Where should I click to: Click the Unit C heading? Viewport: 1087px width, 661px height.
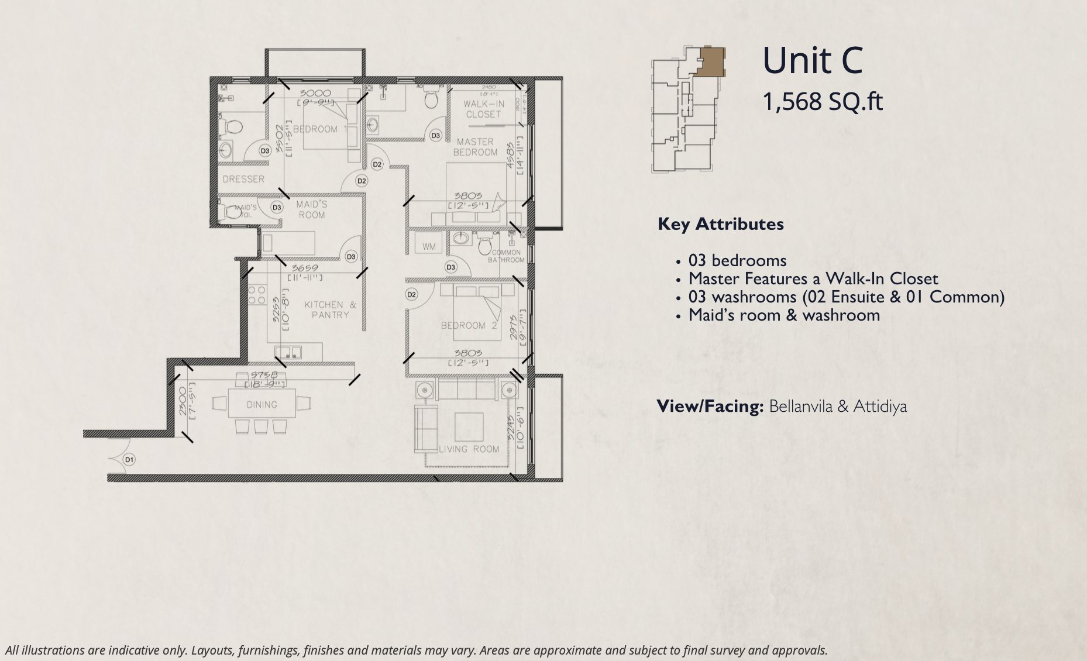tap(813, 61)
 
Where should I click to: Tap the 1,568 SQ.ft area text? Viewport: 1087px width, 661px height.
tap(822, 102)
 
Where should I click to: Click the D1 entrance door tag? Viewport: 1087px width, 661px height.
tap(129, 460)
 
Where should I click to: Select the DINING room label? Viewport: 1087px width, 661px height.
tap(262, 405)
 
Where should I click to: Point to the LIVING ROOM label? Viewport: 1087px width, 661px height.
tap(469, 449)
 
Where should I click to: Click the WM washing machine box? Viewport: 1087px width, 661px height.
tap(429, 246)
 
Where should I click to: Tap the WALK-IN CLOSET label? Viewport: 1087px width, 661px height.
tap(483, 109)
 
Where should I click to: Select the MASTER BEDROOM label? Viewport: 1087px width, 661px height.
tap(475, 147)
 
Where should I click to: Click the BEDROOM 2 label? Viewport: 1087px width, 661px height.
tap(469, 325)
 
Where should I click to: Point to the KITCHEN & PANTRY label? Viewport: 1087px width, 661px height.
tap(330, 309)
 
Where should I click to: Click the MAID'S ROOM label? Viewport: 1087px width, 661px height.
tap(311, 209)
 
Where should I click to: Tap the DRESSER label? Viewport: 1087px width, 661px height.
tap(243, 179)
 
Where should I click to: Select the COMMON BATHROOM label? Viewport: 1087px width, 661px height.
tap(506, 256)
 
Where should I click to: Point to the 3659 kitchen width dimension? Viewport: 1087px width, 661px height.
tap(305, 268)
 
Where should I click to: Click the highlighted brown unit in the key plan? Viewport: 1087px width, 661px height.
tap(710, 61)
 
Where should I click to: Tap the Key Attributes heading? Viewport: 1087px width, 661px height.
tap(720, 224)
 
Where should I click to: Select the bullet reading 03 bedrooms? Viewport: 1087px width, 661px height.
tap(737, 260)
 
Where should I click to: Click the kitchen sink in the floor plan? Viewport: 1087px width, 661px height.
tap(288, 352)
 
